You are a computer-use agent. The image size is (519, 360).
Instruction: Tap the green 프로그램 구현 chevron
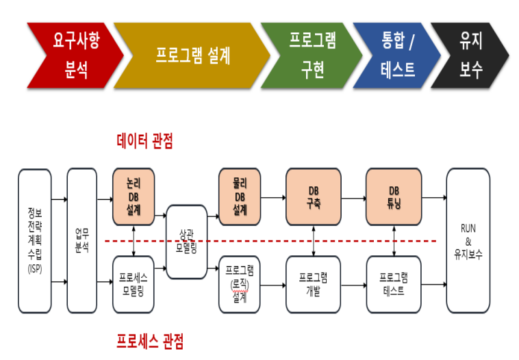(312, 55)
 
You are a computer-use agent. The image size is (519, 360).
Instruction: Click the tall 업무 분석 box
(82, 240)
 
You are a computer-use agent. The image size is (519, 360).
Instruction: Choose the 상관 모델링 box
(187, 241)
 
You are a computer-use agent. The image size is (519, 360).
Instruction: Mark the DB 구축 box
(313, 197)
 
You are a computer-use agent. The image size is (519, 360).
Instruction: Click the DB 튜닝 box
(393, 197)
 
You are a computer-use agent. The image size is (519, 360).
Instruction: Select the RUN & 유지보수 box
(468, 240)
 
